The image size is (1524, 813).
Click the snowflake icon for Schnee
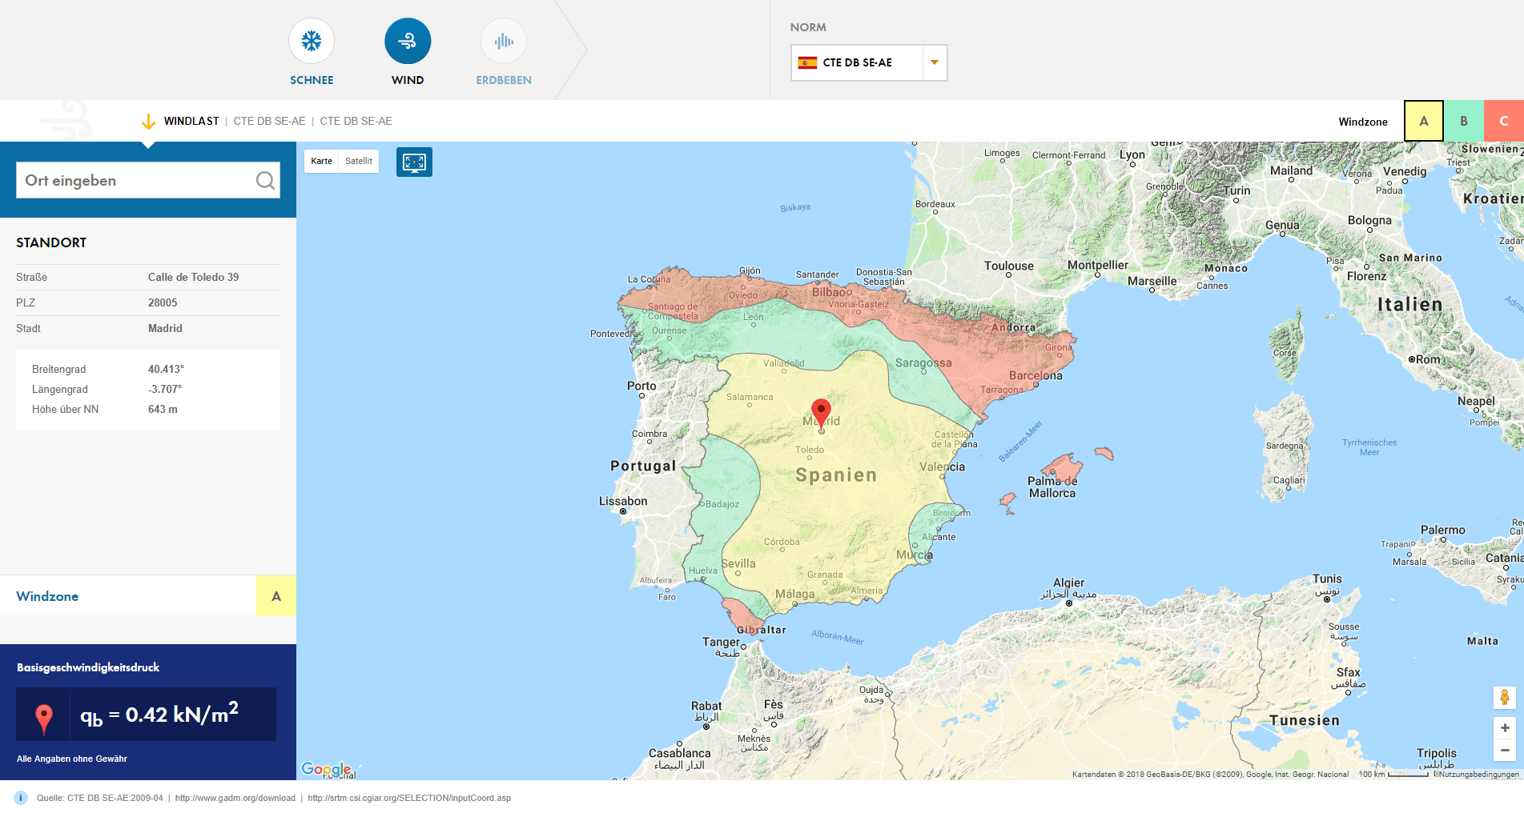pyautogui.click(x=312, y=41)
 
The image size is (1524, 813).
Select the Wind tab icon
pyautogui.click(x=408, y=41)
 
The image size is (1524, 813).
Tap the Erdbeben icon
pyautogui.click(x=504, y=41)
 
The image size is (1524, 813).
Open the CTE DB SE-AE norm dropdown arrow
pyautogui.click(x=934, y=62)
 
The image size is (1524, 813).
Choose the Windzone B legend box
pyautogui.click(x=1463, y=122)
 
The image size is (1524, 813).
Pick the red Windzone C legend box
pyautogui.click(x=1503, y=122)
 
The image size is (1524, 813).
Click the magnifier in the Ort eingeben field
pyautogui.click(x=265, y=181)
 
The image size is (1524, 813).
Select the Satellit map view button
pyautogui.click(x=359, y=161)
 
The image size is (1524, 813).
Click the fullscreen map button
pyautogui.click(x=414, y=162)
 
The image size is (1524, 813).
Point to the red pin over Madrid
pyautogui.click(x=821, y=411)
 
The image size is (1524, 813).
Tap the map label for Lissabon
pyautogui.click(x=623, y=501)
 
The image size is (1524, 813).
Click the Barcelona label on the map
pyautogui.click(x=1035, y=375)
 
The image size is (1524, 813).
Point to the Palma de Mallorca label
pyautogui.click(x=1052, y=487)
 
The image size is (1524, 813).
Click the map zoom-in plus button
pyautogui.click(x=1505, y=727)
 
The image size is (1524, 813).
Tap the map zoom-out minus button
pyautogui.click(x=1505, y=750)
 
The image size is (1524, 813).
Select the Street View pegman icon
pyautogui.click(x=1505, y=698)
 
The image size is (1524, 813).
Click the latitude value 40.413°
pyautogui.click(x=166, y=369)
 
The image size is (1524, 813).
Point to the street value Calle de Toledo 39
pyautogui.click(x=193, y=277)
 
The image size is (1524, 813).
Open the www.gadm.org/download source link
pyautogui.click(x=235, y=798)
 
